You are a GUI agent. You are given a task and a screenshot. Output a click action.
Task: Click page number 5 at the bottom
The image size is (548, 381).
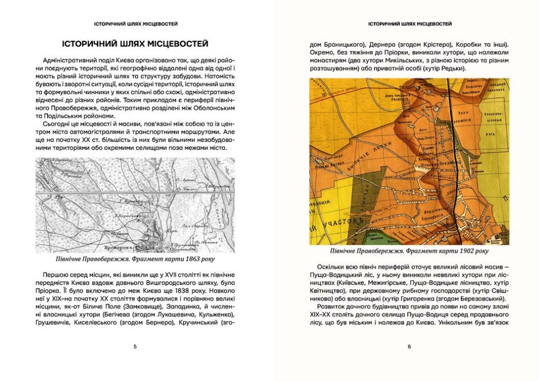pyautogui.click(x=135, y=347)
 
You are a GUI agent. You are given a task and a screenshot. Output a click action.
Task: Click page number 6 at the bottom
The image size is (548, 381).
pyautogui.click(x=409, y=347)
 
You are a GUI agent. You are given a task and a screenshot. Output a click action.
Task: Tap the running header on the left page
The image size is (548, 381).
pyautogui.click(x=135, y=24)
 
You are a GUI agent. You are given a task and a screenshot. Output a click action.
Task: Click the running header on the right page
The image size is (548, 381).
pyautogui.click(x=409, y=24)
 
